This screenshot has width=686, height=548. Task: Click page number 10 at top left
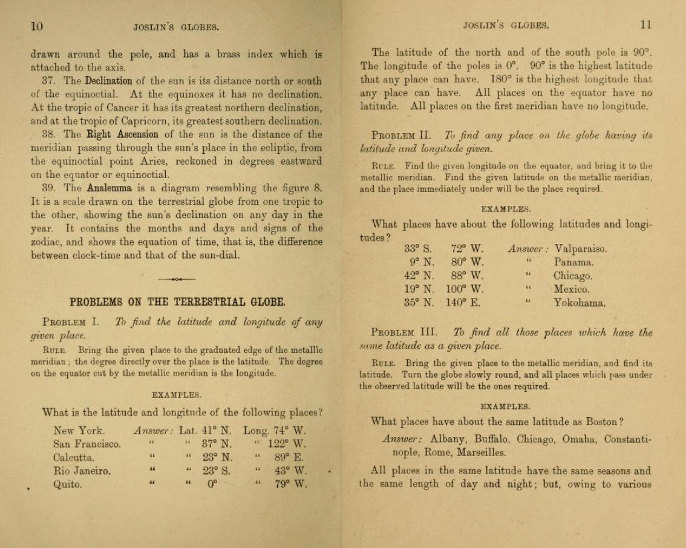coord(37,25)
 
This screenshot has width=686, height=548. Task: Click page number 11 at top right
coord(645,25)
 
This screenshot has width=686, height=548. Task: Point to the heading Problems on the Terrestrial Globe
coord(177,302)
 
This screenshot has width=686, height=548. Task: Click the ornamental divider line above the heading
coord(177,279)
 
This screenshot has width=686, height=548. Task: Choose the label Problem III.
coord(403,332)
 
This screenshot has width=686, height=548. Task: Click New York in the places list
coord(79,431)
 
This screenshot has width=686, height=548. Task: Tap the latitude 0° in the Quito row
coord(212,484)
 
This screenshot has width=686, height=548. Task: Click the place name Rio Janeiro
coord(82,470)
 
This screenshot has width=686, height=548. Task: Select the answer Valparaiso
coord(580,248)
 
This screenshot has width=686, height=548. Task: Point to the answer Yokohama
coord(579,303)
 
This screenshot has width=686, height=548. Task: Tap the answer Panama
coord(573,262)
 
